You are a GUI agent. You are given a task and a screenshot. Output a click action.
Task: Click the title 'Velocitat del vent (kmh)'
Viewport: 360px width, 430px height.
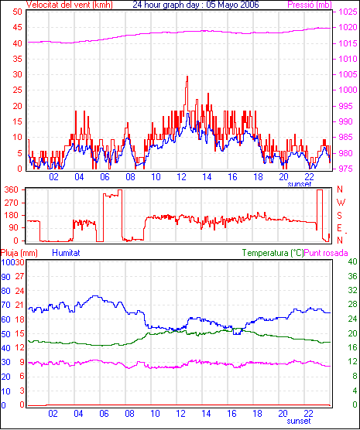tap(69, 5)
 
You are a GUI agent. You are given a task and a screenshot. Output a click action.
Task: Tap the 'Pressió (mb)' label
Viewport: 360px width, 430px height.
tap(310, 5)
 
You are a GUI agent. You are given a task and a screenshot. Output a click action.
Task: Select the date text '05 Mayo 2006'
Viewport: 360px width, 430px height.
tap(232, 5)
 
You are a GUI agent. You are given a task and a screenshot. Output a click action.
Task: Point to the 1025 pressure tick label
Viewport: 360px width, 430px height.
tap(348, 12)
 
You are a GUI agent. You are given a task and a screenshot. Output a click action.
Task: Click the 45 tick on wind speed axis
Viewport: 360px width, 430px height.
tap(17, 27)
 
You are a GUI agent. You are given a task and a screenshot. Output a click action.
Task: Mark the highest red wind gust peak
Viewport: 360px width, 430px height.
tap(187, 77)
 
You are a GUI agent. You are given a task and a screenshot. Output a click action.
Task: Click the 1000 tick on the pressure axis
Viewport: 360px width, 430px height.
tap(348, 90)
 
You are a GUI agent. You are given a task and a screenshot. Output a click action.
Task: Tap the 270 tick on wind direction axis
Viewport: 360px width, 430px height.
tap(12, 203)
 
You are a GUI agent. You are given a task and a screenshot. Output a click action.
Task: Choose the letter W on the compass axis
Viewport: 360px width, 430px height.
tap(341, 203)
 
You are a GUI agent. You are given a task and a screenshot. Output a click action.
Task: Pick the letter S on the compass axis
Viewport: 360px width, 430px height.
tap(340, 216)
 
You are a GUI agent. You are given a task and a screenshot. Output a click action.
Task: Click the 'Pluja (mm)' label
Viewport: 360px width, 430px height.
tap(19, 253)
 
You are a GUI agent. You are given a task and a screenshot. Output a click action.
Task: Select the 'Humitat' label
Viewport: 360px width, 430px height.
tap(66, 253)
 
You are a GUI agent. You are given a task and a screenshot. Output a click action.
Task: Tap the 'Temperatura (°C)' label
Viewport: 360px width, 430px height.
tap(273, 253)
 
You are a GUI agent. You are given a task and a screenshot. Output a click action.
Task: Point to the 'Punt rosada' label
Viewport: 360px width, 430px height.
tap(326, 253)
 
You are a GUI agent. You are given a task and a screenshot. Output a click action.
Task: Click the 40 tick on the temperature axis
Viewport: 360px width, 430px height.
tap(352, 261)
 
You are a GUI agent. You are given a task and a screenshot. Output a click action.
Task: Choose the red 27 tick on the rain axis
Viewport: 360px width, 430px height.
tap(19, 276)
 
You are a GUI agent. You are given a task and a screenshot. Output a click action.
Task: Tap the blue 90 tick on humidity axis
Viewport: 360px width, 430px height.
tap(5, 277)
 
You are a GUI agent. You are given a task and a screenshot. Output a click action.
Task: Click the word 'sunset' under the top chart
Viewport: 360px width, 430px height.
tap(300, 184)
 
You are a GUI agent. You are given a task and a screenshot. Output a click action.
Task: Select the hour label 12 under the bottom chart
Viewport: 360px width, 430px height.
tap(180, 413)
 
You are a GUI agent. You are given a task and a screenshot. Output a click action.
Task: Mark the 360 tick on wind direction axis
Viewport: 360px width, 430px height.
tap(12, 189)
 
